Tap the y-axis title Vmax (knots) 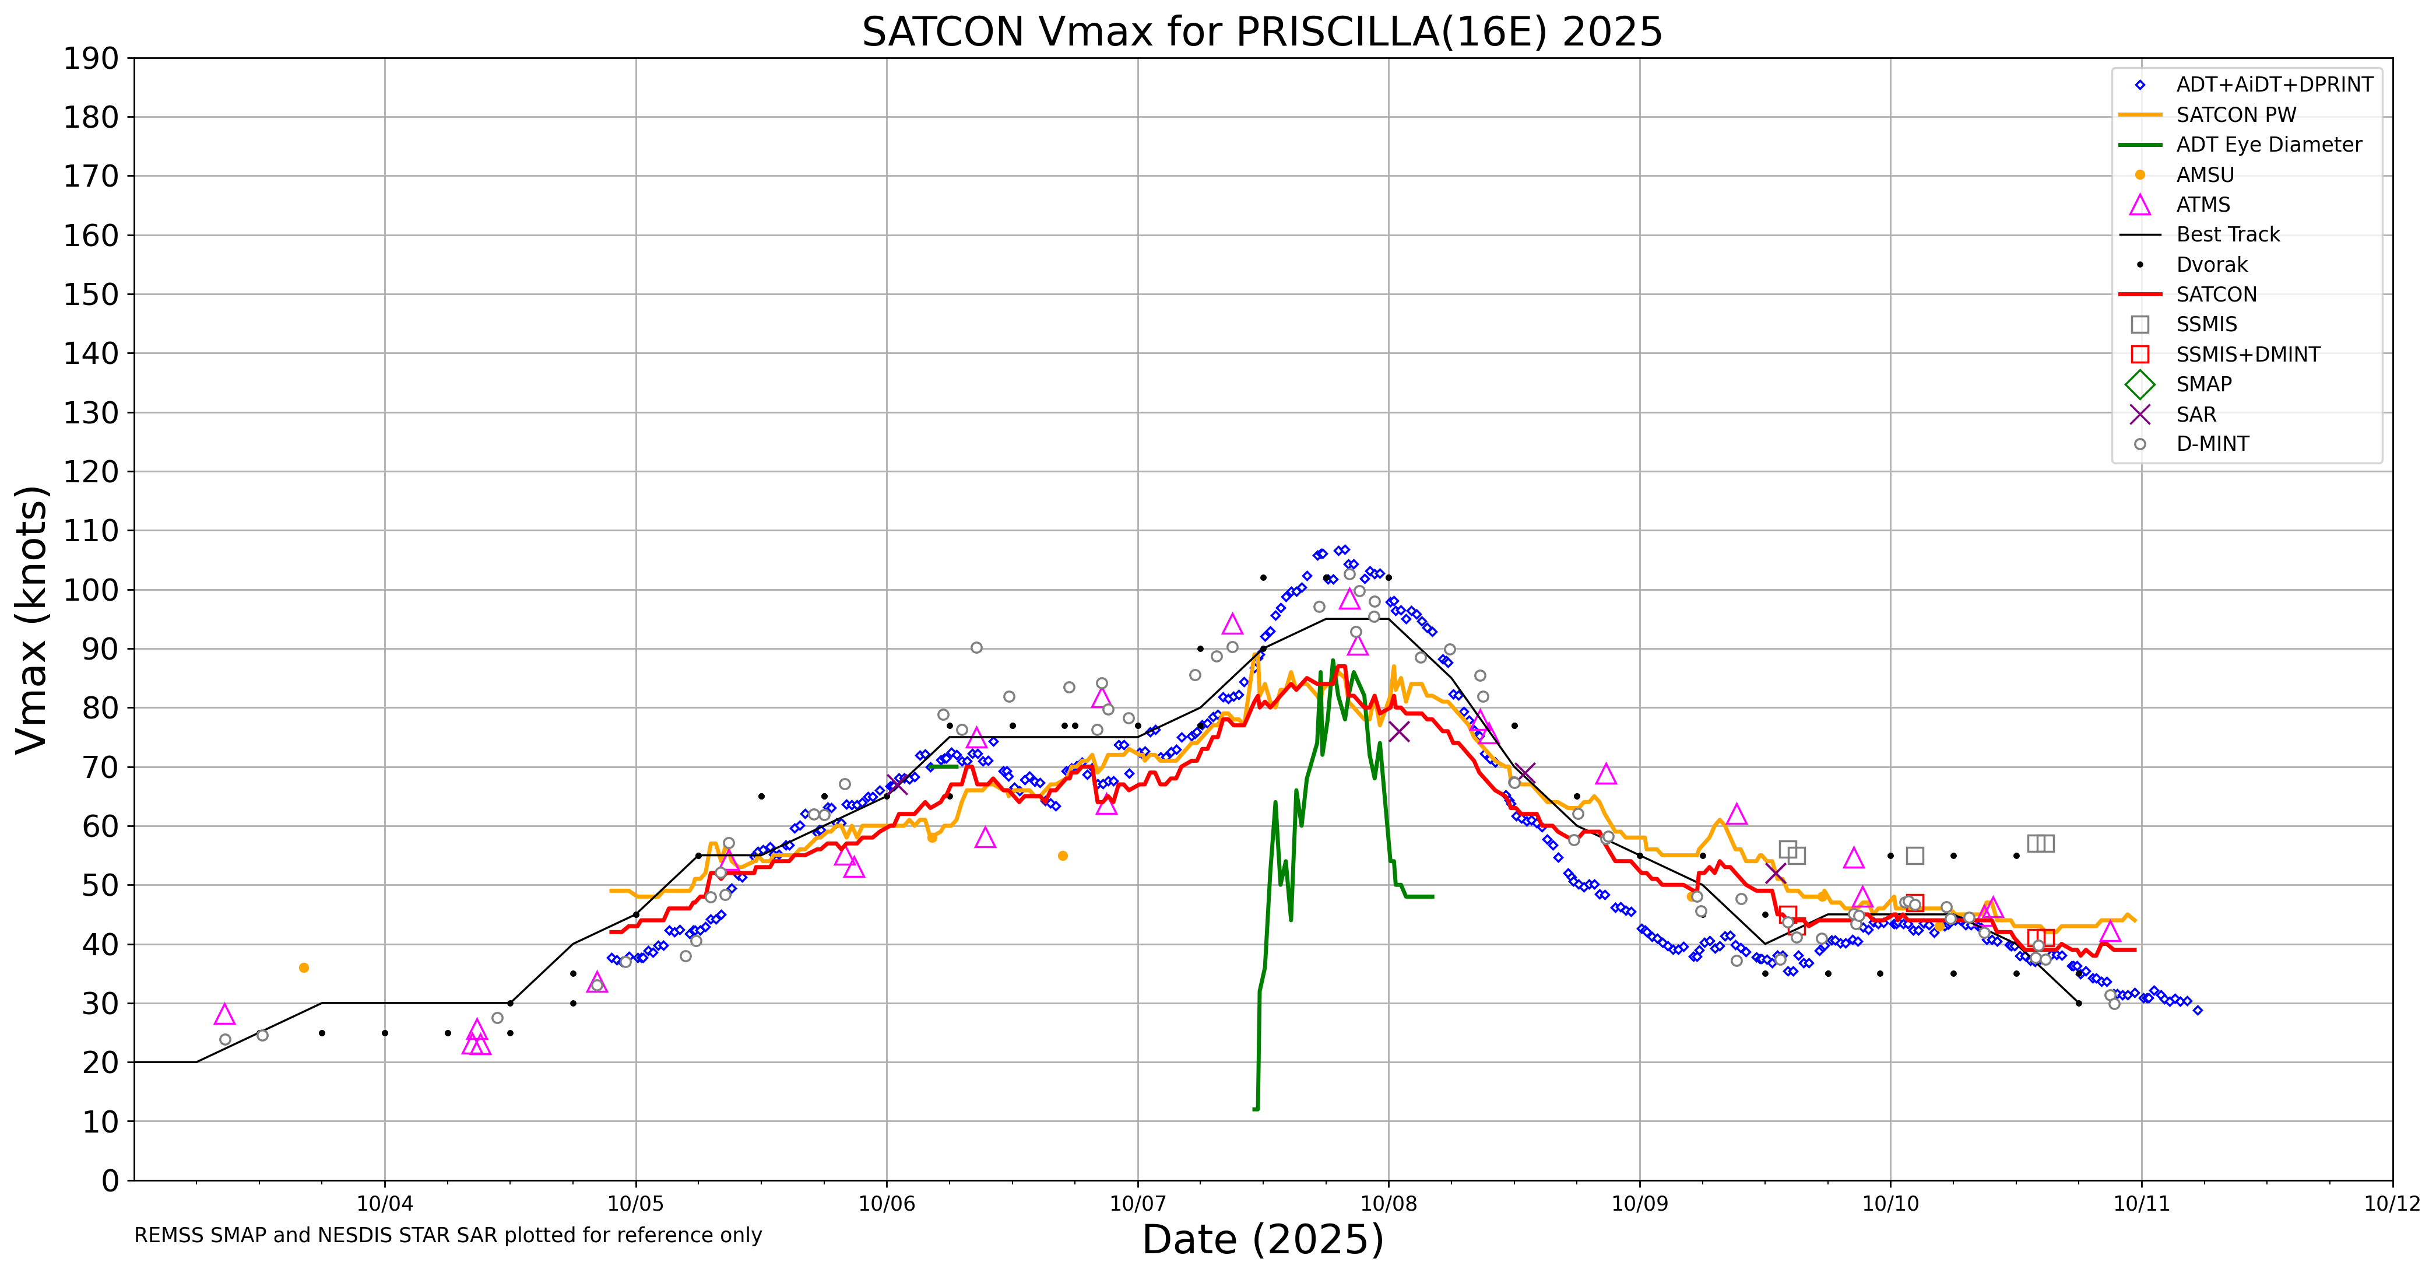point(32,619)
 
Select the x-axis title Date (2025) point(1263,1239)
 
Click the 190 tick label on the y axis point(92,59)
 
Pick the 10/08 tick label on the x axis point(1389,1204)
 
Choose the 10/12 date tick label point(2392,1204)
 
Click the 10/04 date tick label point(385,1204)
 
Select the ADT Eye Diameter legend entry point(2268,145)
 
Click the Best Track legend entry point(2227,234)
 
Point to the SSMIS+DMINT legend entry point(2247,355)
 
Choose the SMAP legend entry point(2203,385)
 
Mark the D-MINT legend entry point(2212,444)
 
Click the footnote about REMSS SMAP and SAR point(447,1235)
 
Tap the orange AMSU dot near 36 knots point(304,967)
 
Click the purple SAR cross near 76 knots point(1398,731)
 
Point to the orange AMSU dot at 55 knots point(1063,856)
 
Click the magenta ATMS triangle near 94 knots point(1231,624)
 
